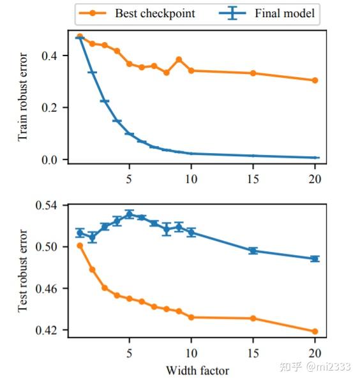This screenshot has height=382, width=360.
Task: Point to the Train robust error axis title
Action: (24, 98)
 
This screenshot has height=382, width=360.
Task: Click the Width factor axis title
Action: (197, 370)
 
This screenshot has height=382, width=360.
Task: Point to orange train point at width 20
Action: (315, 80)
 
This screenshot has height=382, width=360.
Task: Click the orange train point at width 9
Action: (179, 59)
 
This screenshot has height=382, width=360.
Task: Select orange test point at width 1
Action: (80, 246)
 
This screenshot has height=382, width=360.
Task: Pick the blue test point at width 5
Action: (130, 214)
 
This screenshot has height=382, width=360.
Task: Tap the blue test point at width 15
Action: (253, 251)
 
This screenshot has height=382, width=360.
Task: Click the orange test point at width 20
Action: (315, 332)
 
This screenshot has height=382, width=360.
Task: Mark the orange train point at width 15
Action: (253, 73)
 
